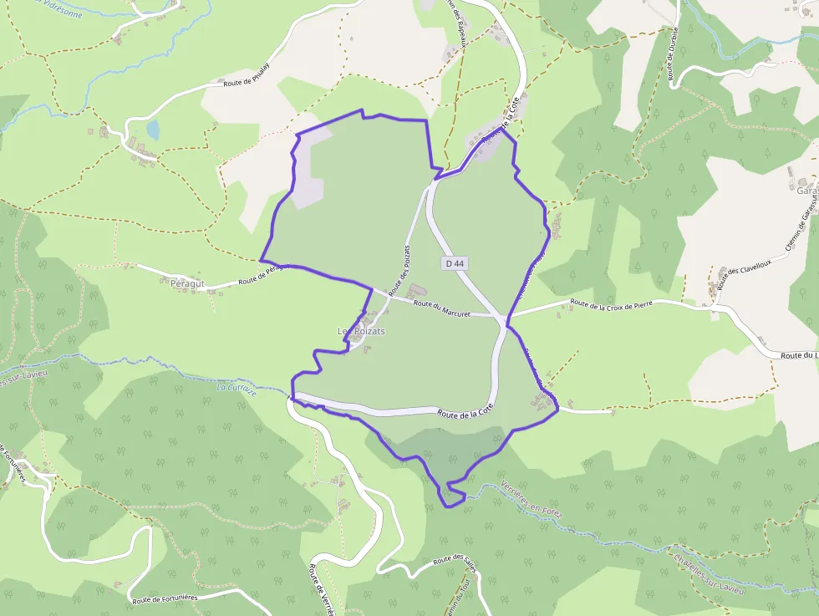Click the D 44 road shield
point(455,262)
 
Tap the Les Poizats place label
point(361,331)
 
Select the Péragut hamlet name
point(186,283)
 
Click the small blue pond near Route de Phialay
point(153,129)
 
